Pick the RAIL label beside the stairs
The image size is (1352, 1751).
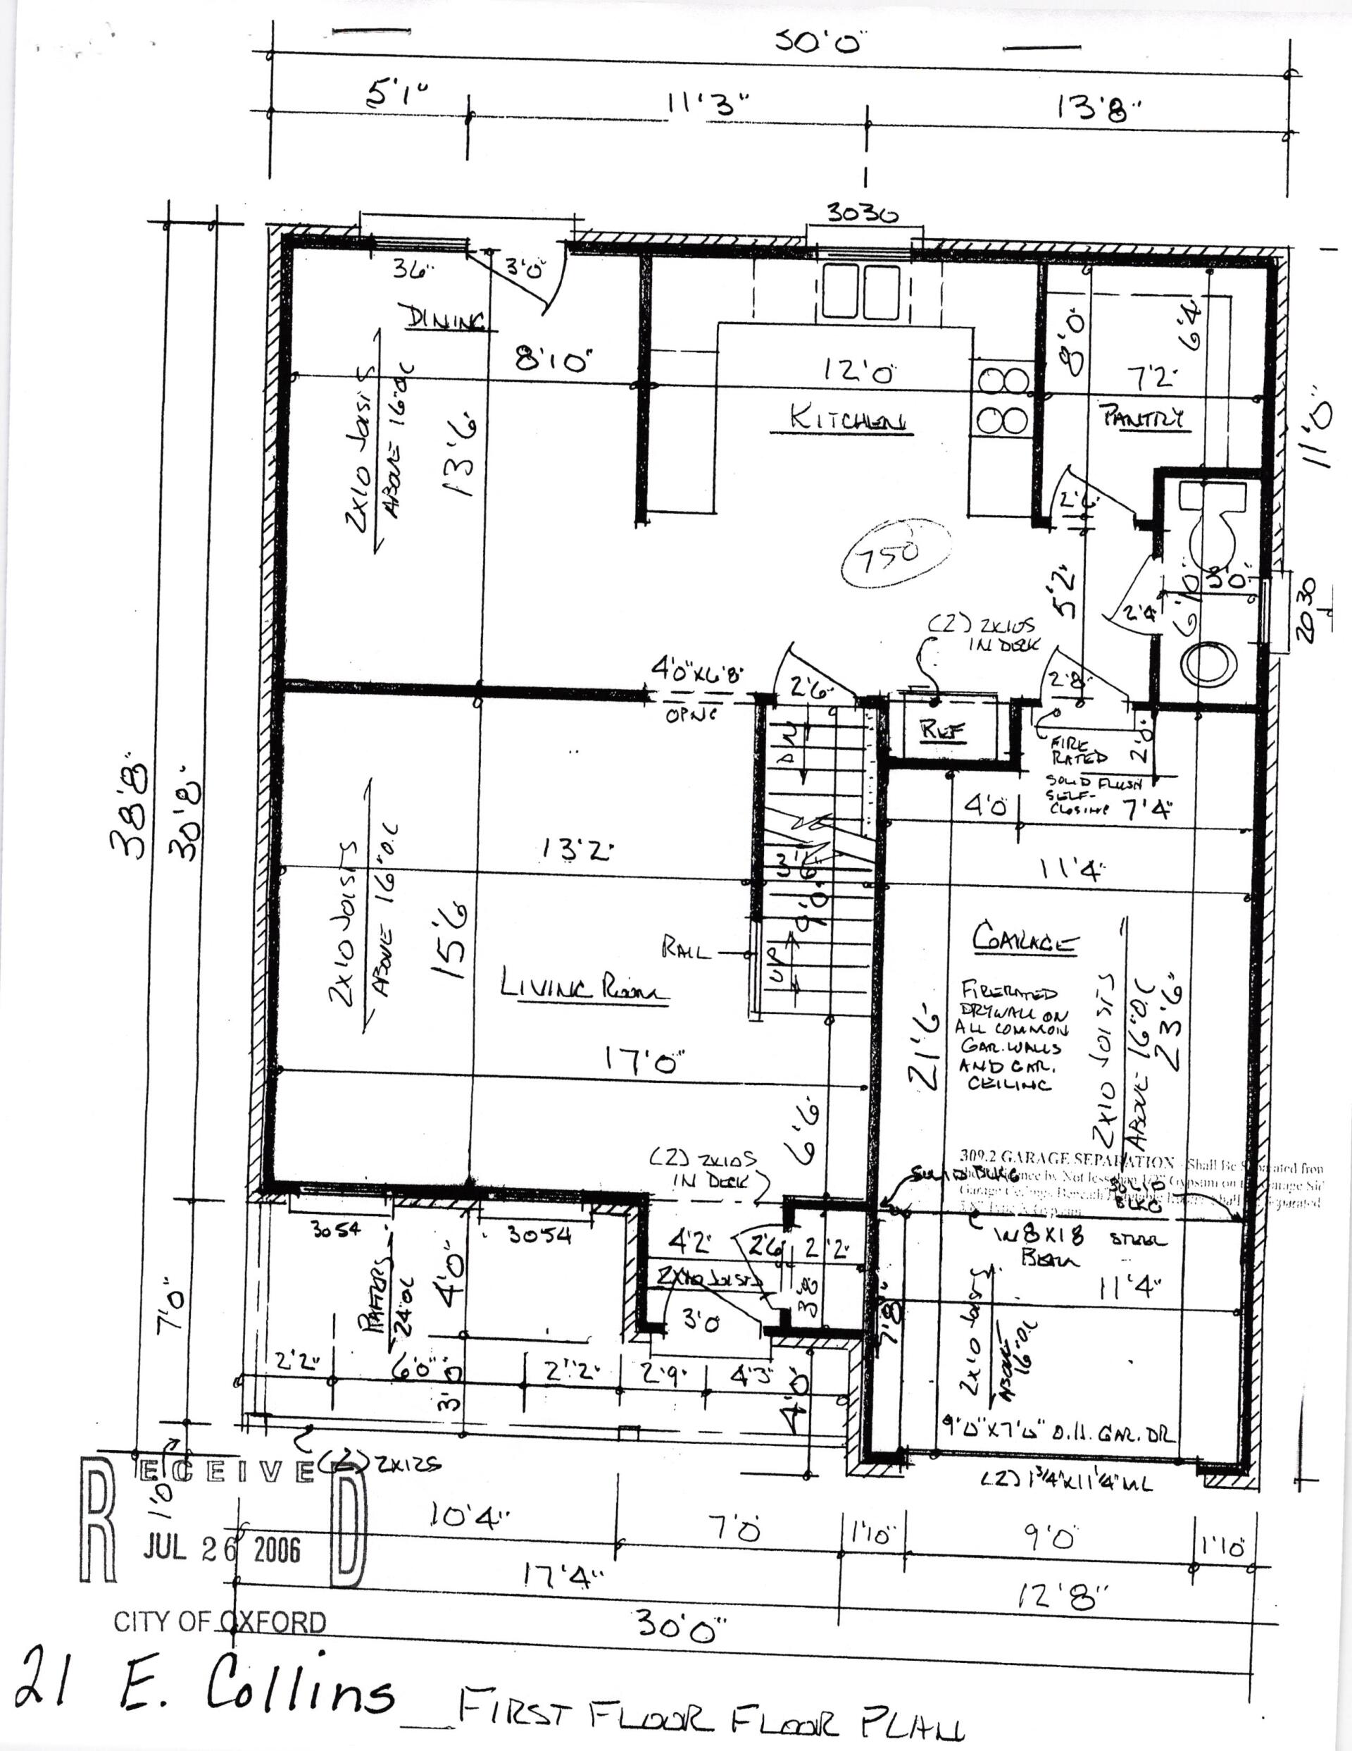tap(687, 952)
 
